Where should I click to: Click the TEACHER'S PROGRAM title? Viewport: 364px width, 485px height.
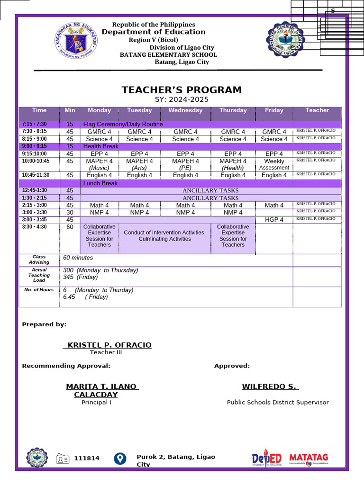tap(182, 90)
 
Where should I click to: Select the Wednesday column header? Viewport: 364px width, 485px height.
tap(185, 110)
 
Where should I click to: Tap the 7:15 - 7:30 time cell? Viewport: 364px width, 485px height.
tap(35, 124)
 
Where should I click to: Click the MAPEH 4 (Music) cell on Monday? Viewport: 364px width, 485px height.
tap(99, 164)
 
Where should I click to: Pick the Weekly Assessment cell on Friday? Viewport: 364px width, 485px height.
tap(274, 164)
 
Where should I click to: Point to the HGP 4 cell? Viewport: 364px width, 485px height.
tap(274, 220)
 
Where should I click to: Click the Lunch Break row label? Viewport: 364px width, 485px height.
tap(100, 183)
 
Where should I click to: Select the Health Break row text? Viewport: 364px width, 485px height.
tap(100, 146)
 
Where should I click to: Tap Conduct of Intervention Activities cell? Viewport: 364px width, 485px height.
tap(164, 236)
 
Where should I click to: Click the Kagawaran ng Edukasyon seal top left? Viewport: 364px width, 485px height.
tap(76, 41)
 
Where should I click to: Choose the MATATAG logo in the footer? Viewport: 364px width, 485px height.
tap(309, 458)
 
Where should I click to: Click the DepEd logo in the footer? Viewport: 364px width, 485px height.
tap(267, 458)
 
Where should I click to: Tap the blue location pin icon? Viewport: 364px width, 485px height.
tap(120, 458)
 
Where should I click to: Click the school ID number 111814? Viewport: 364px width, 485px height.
tap(87, 458)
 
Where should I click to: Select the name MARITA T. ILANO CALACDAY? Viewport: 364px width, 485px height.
tap(102, 391)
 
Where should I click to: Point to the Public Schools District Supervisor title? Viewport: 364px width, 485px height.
tap(277, 402)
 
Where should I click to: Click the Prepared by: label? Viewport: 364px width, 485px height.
tap(44, 324)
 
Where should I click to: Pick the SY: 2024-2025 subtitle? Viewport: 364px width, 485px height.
tap(182, 99)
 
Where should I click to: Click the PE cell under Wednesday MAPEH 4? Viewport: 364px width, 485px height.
tap(185, 168)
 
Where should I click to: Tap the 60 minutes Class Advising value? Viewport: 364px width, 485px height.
tap(78, 258)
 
